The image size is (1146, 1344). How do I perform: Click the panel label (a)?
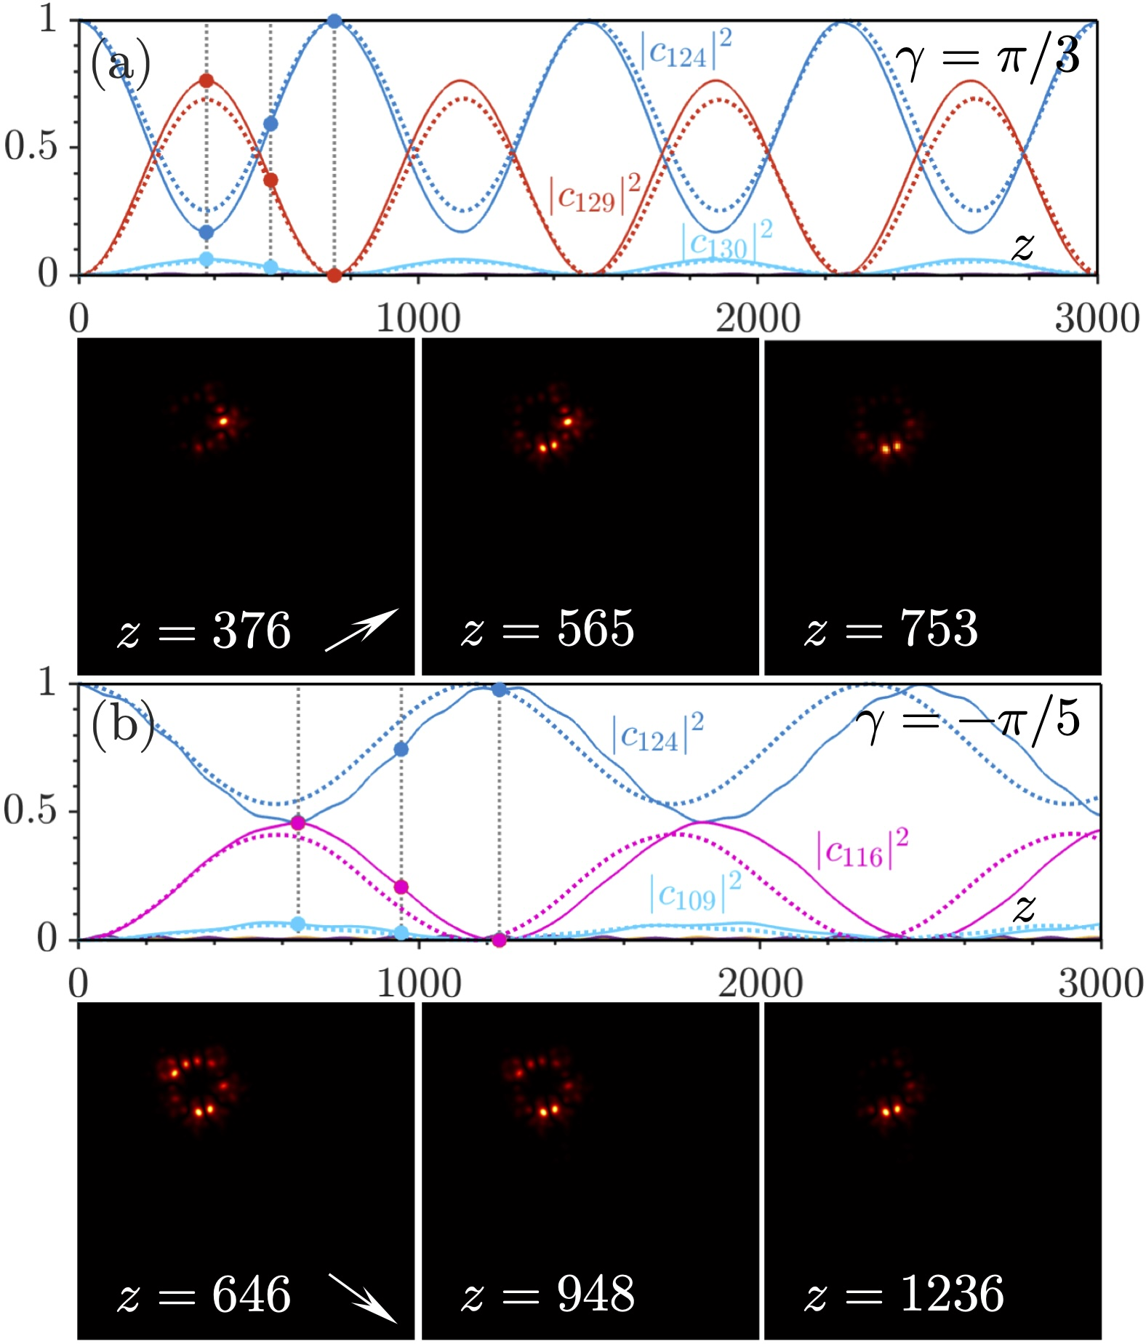click(120, 64)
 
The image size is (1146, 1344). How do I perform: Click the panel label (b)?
click(122, 727)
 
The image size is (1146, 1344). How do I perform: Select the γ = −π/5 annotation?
click(968, 721)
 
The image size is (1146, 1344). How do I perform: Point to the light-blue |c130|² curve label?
click(726, 242)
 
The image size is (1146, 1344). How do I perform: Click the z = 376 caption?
click(204, 630)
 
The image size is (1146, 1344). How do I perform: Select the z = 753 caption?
click(891, 628)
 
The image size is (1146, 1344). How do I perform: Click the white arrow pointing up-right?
click(362, 628)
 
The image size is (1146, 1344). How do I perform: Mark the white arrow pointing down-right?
click(362, 1297)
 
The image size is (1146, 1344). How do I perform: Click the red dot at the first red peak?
click(207, 80)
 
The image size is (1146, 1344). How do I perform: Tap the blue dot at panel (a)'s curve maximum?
click(334, 21)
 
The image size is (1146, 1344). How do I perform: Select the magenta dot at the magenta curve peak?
click(298, 823)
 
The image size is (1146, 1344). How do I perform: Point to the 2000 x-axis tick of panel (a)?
click(758, 319)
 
